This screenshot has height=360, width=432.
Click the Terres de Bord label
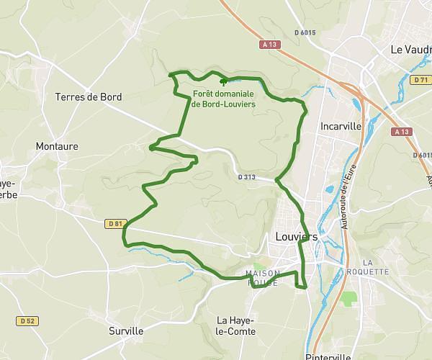coord(89,96)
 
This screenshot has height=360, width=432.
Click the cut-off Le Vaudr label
coord(410,50)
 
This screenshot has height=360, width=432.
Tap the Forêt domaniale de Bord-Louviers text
coord(223,99)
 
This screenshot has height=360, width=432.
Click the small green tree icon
coord(213,83)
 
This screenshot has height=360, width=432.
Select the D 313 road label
coord(246,175)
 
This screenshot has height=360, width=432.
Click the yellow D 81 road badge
coord(114,224)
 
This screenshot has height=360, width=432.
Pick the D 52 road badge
coord(27,320)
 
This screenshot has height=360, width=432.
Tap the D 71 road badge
coord(420,80)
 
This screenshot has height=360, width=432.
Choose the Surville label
coord(126,331)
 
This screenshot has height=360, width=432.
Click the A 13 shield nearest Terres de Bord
coord(270,45)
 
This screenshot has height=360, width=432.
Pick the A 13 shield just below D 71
coord(401,132)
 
